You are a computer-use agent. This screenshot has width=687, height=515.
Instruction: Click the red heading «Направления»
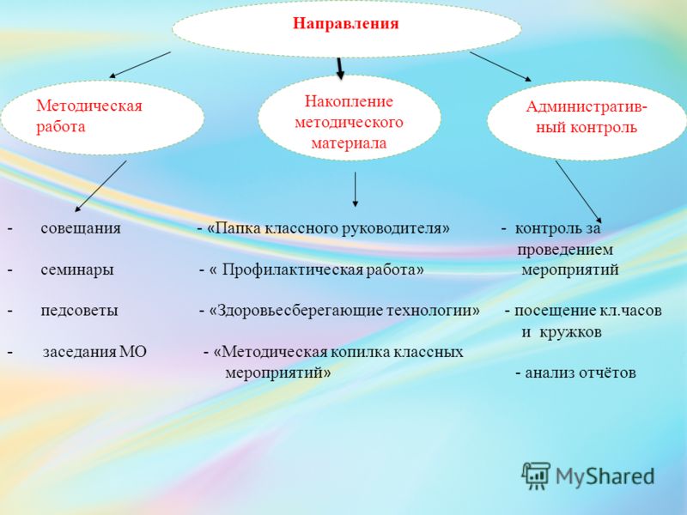click(x=346, y=23)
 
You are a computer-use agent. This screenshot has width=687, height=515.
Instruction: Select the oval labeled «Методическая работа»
click(x=102, y=118)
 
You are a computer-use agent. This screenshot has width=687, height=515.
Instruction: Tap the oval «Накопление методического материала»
click(x=350, y=118)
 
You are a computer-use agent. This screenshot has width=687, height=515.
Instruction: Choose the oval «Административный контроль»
click(x=587, y=120)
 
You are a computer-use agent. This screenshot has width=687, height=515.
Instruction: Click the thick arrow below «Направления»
click(x=339, y=69)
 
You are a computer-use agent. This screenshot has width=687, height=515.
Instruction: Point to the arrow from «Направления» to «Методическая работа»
click(x=140, y=65)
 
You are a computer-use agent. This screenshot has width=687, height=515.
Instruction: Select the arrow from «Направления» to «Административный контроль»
click(x=501, y=67)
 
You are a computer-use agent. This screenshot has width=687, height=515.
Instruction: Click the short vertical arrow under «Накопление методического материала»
click(x=355, y=189)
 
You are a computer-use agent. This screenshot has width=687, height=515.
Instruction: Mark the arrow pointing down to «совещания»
click(x=100, y=186)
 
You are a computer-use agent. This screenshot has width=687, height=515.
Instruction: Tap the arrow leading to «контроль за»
click(x=579, y=191)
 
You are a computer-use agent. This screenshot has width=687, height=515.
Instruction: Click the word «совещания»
click(x=81, y=228)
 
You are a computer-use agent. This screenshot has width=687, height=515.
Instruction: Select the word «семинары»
click(x=77, y=270)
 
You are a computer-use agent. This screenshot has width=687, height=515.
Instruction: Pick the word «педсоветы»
click(x=79, y=311)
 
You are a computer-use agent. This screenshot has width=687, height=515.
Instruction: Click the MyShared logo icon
click(x=536, y=476)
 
